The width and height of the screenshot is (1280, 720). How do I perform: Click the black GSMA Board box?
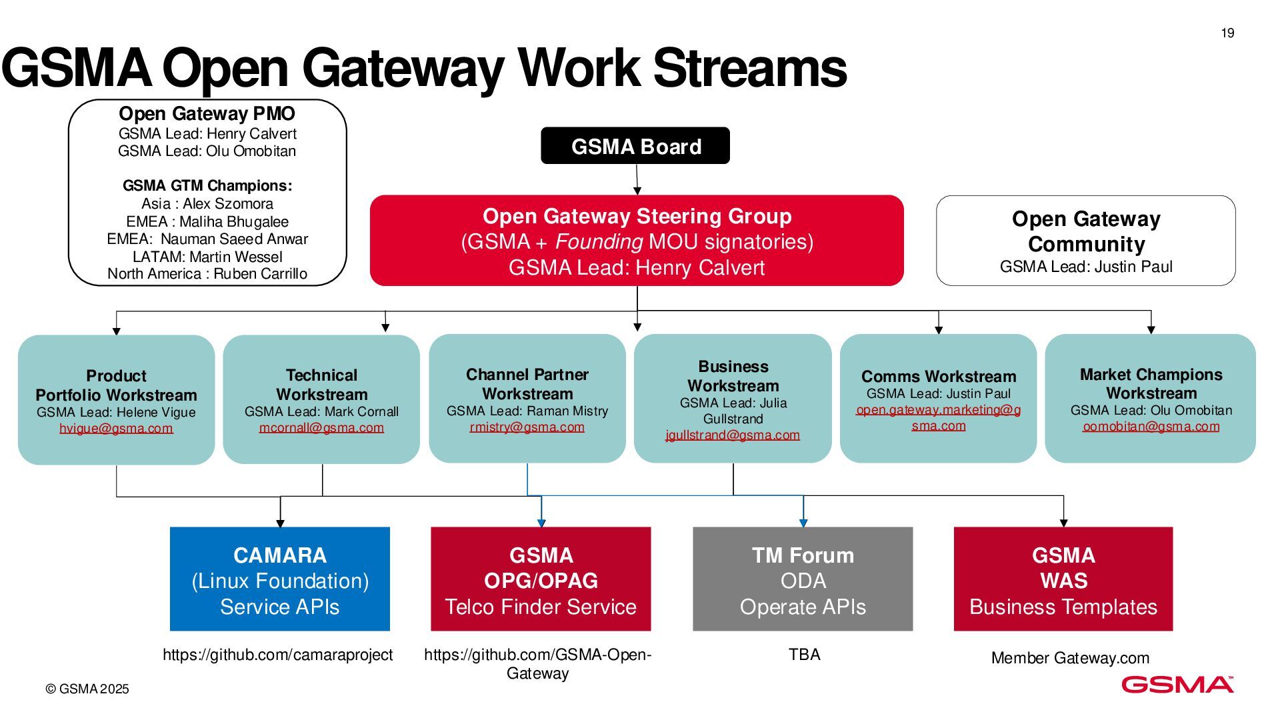coord(635,145)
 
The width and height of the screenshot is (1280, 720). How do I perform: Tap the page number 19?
coord(1227,33)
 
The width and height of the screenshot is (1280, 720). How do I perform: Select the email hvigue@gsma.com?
coord(116,428)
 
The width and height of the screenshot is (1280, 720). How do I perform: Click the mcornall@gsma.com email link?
coord(321,427)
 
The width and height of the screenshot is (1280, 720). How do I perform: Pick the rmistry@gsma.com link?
coord(527,427)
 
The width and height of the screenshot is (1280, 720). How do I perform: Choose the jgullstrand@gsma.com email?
coord(733,435)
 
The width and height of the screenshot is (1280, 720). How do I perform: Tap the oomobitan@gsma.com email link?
coord(1151,426)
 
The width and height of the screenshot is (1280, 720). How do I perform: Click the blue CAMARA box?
coord(280,579)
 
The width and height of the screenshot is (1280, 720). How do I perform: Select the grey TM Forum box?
coord(803,579)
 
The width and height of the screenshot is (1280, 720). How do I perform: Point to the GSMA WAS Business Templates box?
coord(1063,579)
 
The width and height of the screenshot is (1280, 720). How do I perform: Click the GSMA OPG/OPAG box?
coord(541,579)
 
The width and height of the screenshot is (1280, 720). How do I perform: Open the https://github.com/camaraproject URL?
coord(278,655)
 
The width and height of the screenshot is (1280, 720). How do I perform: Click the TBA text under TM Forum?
coord(804,654)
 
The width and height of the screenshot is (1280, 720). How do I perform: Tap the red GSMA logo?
coord(1177,685)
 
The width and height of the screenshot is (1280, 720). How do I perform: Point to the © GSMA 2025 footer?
coord(87,689)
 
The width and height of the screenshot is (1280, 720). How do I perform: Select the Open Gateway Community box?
coord(1085,241)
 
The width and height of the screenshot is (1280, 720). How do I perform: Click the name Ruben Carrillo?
coord(260,274)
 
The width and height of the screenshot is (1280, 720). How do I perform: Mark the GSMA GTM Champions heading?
coord(207,185)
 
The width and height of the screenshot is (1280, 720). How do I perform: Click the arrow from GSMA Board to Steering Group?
coord(637,179)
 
